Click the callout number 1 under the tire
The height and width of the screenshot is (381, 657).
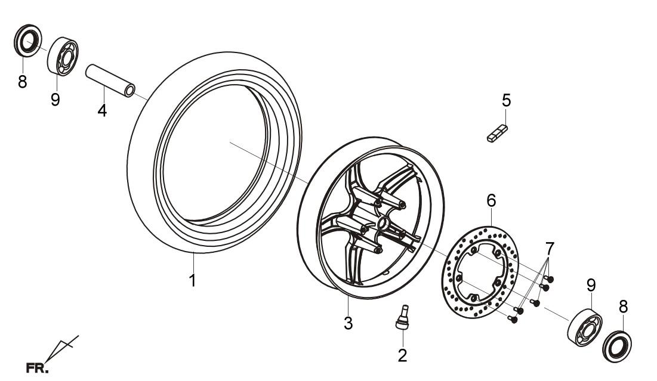click(x=192, y=280)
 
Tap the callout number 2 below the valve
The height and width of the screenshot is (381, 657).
click(x=402, y=356)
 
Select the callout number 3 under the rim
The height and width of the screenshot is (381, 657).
click(x=348, y=323)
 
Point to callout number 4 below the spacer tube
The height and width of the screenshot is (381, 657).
click(x=102, y=110)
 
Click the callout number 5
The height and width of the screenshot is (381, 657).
click(x=507, y=101)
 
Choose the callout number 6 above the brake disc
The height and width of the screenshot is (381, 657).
click(x=491, y=200)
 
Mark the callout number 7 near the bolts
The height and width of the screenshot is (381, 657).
click(x=550, y=248)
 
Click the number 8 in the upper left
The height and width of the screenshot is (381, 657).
click(x=22, y=82)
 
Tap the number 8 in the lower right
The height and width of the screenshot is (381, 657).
click(x=624, y=307)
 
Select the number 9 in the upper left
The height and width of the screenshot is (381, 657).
click(x=55, y=100)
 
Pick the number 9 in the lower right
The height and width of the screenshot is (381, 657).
click(x=591, y=285)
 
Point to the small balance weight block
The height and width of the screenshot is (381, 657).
click(x=497, y=133)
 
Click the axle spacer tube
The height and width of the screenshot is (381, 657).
click(x=110, y=80)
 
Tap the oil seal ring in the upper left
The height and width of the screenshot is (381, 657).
click(x=28, y=41)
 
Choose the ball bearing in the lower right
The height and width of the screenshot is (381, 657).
click(x=585, y=328)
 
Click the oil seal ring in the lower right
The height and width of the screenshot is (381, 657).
click(x=617, y=346)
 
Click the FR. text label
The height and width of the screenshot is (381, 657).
click(x=37, y=368)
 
